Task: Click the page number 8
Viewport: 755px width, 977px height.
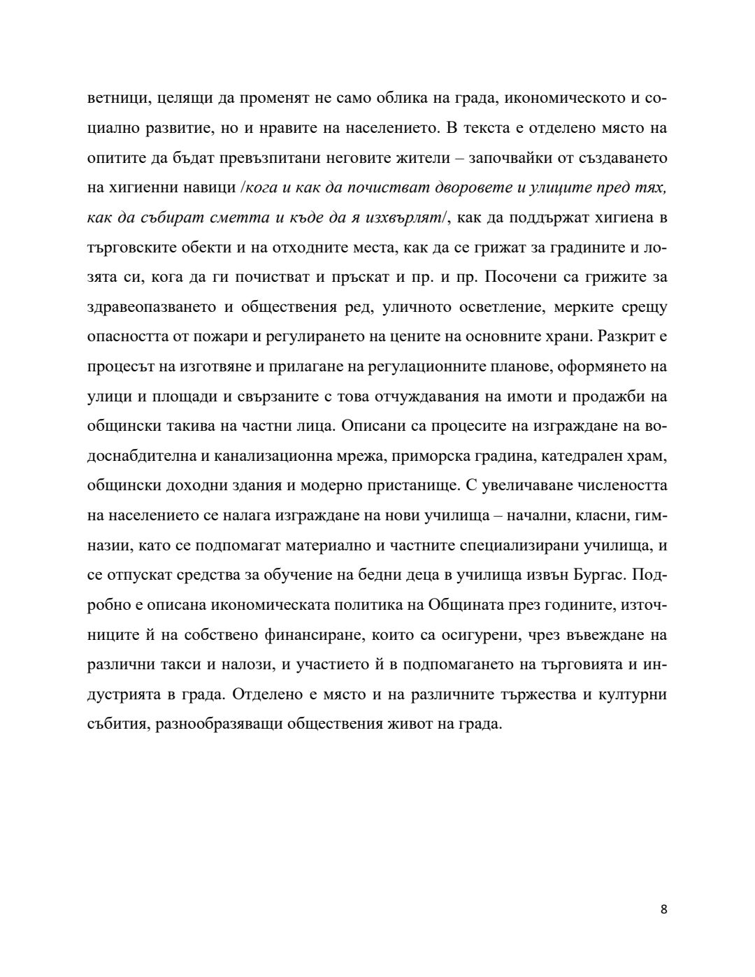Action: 663,909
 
